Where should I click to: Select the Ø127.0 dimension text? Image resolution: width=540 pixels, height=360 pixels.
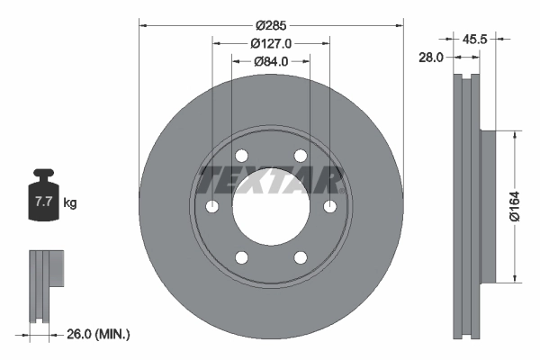[x=271, y=42]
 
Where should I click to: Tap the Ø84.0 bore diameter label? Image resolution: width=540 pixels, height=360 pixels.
[x=271, y=61]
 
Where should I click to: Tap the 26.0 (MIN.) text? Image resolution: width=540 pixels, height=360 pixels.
[x=99, y=334]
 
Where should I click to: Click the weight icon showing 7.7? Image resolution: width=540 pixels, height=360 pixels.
[x=42, y=200]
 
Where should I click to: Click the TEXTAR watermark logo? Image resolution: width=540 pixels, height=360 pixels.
[x=271, y=179]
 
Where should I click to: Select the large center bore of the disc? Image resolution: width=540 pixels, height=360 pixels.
[x=271, y=208]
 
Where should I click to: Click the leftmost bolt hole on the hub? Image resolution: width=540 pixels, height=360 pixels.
[x=212, y=208]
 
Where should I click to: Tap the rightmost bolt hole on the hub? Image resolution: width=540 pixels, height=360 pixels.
[x=329, y=208]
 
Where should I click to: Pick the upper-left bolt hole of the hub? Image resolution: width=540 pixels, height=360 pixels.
[x=241, y=157]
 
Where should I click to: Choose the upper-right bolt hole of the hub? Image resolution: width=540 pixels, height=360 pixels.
[x=301, y=157]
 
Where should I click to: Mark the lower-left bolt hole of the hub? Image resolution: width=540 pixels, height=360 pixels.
[x=241, y=259]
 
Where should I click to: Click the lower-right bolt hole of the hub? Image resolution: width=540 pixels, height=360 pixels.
[x=301, y=259]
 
